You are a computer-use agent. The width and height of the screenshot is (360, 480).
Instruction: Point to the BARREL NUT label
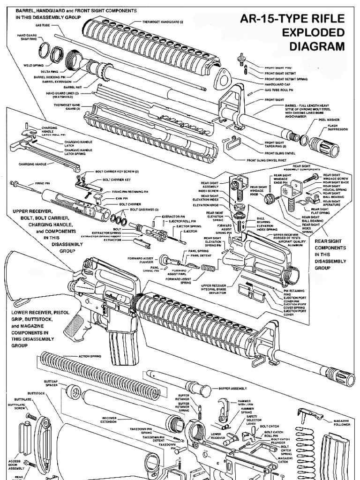[x=73, y=87]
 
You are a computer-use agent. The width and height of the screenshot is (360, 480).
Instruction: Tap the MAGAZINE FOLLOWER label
[x=344, y=423]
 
